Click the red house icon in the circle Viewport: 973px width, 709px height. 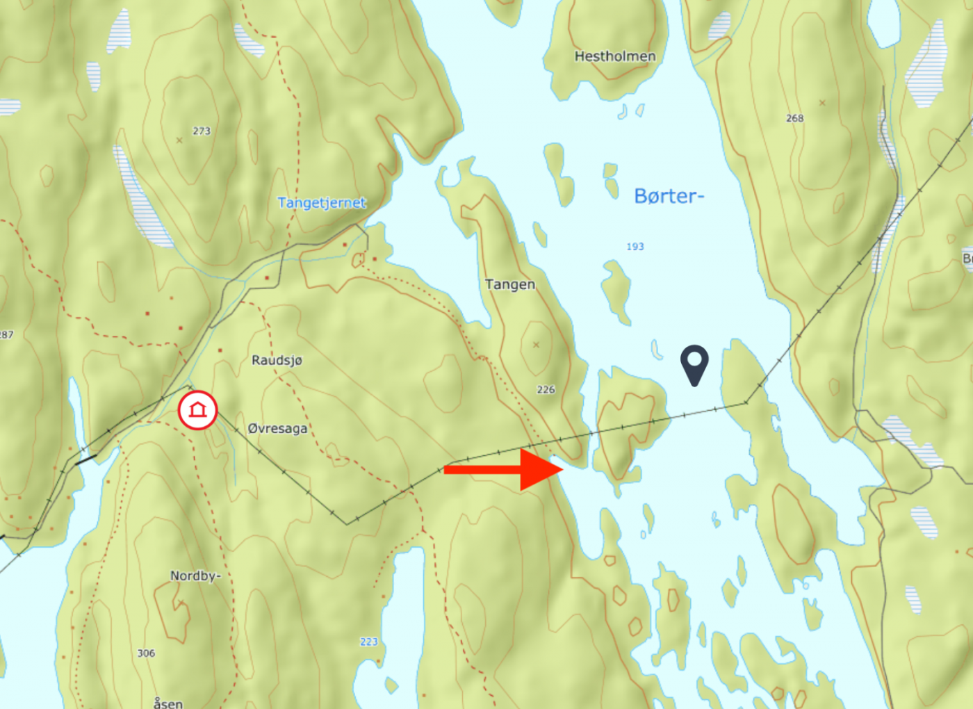tap(198, 410)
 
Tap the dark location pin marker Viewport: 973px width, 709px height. tap(694, 363)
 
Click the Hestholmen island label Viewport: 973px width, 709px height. tap(615, 56)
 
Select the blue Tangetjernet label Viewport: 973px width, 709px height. tap(322, 203)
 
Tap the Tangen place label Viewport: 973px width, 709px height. tap(510, 284)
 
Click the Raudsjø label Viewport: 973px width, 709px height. tap(277, 360)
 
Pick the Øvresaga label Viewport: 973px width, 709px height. tap(277, 428)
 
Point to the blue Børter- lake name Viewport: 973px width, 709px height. tap(669, 196)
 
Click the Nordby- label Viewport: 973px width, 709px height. tap(195, 576)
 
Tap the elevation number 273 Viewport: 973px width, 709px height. tap(202, 131)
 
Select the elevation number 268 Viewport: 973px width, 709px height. tap(795, 118)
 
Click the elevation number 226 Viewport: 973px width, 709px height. tap(546, 389)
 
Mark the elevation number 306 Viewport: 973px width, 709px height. tap(146, 653)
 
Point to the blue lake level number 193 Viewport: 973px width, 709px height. tap(635, 246)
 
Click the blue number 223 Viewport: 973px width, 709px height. tap(369, 642)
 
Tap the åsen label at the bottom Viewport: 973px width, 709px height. tap(168, 703)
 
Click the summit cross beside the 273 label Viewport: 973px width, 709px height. tap(179, 140)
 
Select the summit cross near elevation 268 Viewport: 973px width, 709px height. tap(822, 103)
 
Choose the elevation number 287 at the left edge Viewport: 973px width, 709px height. tap(6, 334)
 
